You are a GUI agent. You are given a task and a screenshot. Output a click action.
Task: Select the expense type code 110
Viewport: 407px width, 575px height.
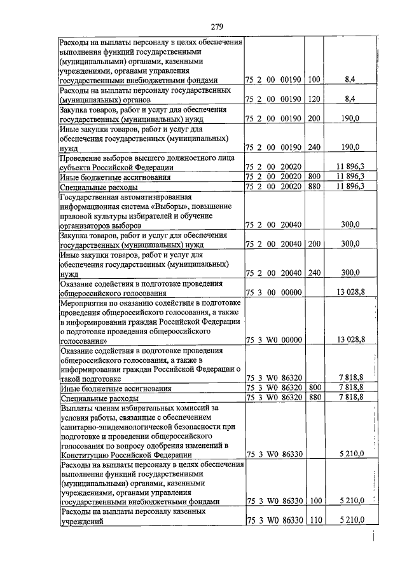click(x=314, y=520)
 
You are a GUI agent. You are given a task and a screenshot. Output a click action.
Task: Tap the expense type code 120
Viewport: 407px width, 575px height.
click(x=314, y=100)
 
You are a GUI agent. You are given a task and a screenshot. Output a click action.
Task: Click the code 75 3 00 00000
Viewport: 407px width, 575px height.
click(x=273, y=294)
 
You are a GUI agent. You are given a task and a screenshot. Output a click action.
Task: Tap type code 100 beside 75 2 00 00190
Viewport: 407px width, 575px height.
click(x=314, y=81)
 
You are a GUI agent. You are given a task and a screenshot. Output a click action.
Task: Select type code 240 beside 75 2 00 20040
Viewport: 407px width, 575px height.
click(x=314, y=273)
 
